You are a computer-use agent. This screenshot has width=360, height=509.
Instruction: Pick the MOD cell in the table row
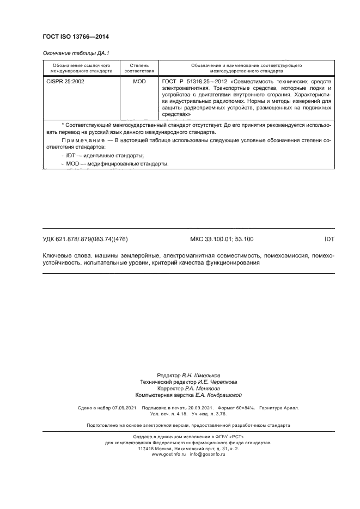pyautogui.click(x=139, y=81)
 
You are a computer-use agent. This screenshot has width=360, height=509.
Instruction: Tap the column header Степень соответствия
pyautogui.click(x=139, y=68)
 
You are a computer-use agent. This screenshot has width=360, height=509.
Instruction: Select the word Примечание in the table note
pyautogui.click(x=84, y=140)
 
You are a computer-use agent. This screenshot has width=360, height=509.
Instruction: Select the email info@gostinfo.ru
pyautogui.click(x=209, y=454)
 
